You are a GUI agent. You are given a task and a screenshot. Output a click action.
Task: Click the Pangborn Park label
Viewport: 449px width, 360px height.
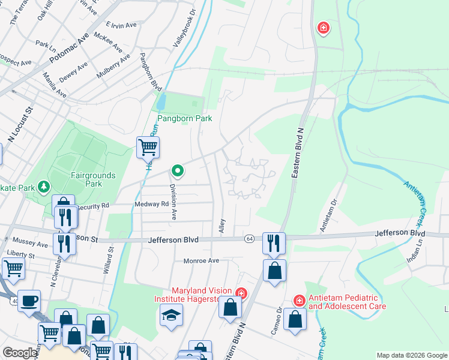click(x=185, y=119)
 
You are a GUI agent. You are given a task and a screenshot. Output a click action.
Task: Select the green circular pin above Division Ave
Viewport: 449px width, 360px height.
click(x=178, y=171)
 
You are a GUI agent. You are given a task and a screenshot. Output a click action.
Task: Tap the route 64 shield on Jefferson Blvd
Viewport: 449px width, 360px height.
click(x=249, y=239)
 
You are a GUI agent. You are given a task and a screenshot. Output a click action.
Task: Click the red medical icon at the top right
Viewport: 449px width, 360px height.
click(x=323, y=28)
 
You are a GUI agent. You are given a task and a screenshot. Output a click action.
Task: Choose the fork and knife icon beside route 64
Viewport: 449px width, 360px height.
click(x=273, y=242)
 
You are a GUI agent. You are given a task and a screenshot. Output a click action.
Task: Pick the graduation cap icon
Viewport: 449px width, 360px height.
click(x=171, y=314)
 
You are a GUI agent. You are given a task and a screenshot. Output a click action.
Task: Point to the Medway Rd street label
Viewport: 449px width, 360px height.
click(x=152, y=204)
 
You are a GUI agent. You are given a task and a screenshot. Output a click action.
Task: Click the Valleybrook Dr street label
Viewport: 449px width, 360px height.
click(x=184, y=29)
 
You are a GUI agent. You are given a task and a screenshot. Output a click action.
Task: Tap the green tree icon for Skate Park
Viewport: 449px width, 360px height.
click(x=43, y=187)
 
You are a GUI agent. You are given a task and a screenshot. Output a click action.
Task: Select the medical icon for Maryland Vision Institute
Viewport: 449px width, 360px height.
click(x=241, y=293)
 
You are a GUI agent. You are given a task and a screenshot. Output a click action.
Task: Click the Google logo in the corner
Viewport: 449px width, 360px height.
click(x=20, y=353)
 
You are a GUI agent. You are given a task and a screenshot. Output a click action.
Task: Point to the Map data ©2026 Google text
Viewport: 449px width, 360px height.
click(x=411, y=355)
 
